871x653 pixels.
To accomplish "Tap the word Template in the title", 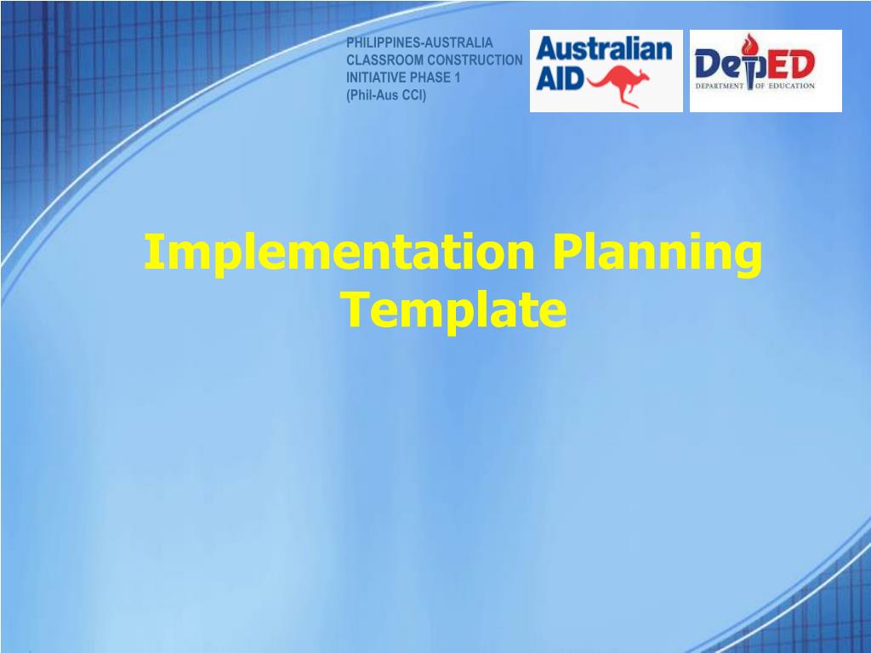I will pos(454,309).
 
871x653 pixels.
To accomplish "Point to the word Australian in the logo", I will pos(605,50).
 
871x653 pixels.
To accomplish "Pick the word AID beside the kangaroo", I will pos(560,79).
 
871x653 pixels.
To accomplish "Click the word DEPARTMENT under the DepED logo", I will pos(720,86).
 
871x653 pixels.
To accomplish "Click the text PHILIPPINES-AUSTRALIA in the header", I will pos(419,43).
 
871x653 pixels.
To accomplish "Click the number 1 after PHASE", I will pos(457,77).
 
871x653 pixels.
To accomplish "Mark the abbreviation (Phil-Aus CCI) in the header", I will pos(386,94).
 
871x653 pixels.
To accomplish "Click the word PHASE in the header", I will pos(430,77).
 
